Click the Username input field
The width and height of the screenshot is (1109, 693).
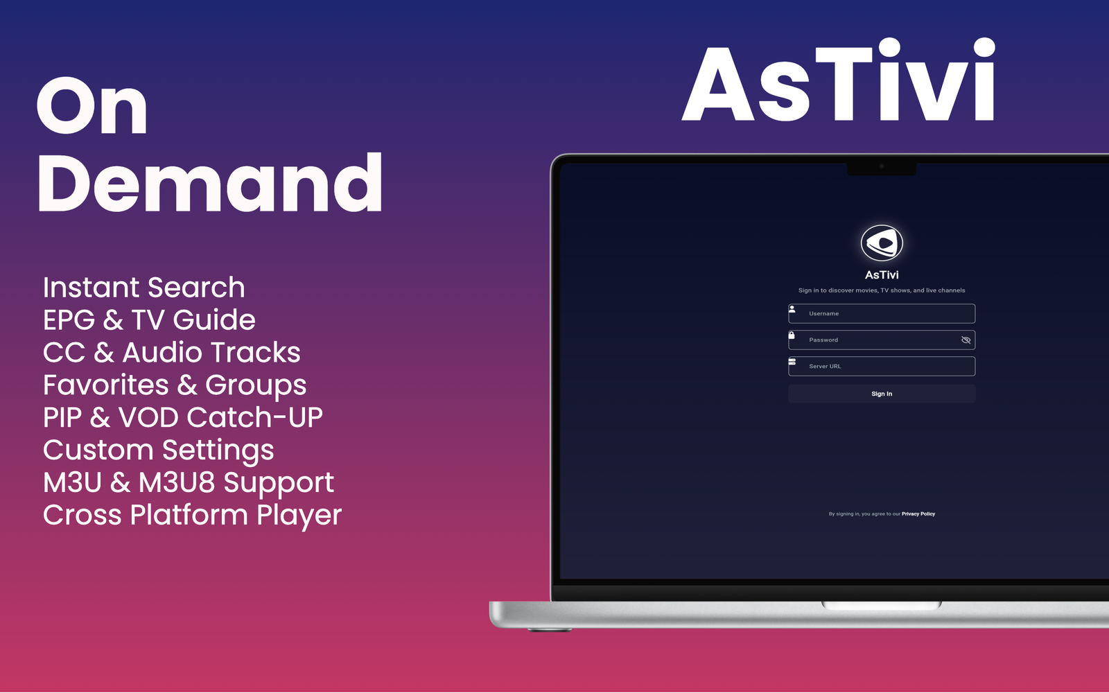pyautogui.click(x=882, y=313)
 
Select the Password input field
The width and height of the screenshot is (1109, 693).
pyautogui.click(x=882, y=340)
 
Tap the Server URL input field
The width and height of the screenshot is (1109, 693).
pyautogui.click(x=882, y=367)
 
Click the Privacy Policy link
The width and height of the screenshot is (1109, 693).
pyautogui.click(x=918, y=514)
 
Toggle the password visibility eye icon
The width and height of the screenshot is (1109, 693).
pyautogui.click(x=966, y=340)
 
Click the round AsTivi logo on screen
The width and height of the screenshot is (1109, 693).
pyautogui.click(x=882, y=243)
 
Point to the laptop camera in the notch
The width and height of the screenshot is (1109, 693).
pyautogui.click(x=881, y=166)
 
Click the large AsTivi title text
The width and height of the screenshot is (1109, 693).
pyautogui.click(x=839, y=80)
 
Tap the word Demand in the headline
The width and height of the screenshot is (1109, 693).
pyautogui.click(x=210, y=182)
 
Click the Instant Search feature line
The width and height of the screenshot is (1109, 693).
pyautogui.click(x=143, y=288)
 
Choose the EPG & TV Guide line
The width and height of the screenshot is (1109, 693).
pyautogui.click(x=149, y=319)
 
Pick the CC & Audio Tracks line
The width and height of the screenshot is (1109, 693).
pyautogui.click(x=171, y=353)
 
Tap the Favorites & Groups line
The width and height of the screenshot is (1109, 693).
pyautogui.click(x=175, y=385)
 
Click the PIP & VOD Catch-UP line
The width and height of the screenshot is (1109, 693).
pyautogui.click(x=183, y=417)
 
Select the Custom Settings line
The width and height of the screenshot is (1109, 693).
pyautogui.click(x=159, y=450)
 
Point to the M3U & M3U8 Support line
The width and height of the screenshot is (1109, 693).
pyautogui.click(x=189, y=482)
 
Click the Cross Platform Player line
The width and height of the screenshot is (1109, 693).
pyautogui.click(x=192, y=515)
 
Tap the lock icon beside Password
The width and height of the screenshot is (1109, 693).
pyautogui.click(x=792, y=335)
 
